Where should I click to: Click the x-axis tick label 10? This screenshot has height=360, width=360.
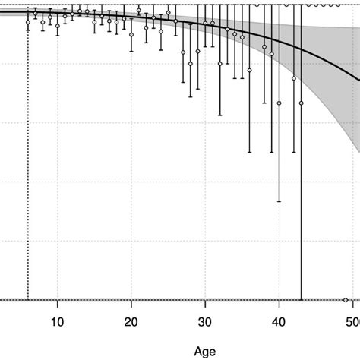pyautogui.click(x=57, y=321)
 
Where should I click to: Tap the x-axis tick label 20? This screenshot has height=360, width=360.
pyautogui.click(x=131, y=321)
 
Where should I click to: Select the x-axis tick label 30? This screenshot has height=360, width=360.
pyautogui.click(x=205, y=321)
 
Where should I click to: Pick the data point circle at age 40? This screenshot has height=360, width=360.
pyautogui.click(x=279, y=103)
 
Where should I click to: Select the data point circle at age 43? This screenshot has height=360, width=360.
pyautogui.click(x=302, y=103)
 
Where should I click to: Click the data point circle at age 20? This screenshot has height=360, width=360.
pyautogui.click(x=131, y=35)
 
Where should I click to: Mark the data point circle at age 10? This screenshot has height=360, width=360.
pyautogui.click(x=58, y=27)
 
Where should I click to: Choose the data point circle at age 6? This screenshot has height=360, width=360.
pyautogui.click(x=28, y=23)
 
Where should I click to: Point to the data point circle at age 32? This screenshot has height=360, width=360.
pyautogui.click(x=220, y=64)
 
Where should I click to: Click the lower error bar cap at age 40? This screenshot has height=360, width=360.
pyautogui.click(x=279, y=201)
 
